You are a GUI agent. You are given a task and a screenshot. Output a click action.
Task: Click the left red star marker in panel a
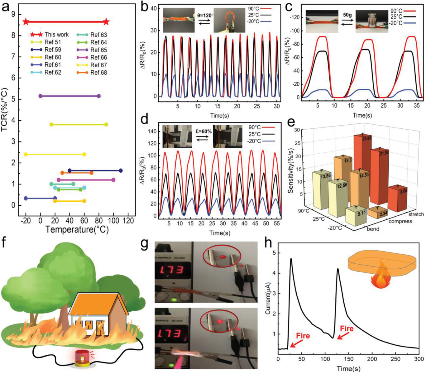tap(26, 22)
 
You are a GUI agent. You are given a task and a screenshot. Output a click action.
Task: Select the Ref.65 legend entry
tap(98, 50)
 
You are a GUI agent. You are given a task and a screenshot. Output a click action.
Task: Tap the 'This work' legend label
tap(56, 35)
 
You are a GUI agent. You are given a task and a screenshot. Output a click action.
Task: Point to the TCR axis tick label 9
tap(13, 14)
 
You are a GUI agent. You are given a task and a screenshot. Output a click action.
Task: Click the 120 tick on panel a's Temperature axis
tap(128, 221)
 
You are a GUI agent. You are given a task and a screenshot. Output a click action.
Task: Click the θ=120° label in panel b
tap(205, 16)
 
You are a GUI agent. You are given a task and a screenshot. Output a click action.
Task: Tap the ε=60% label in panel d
tap(203, 132)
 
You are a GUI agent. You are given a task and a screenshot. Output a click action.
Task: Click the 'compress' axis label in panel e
tap(400, 221)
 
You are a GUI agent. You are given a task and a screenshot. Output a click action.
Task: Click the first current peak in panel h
tap(291, 259)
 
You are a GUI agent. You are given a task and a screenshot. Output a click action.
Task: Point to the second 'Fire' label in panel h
tap(347, 328)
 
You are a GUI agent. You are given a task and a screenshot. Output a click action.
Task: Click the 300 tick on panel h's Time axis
tap(419, 359)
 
